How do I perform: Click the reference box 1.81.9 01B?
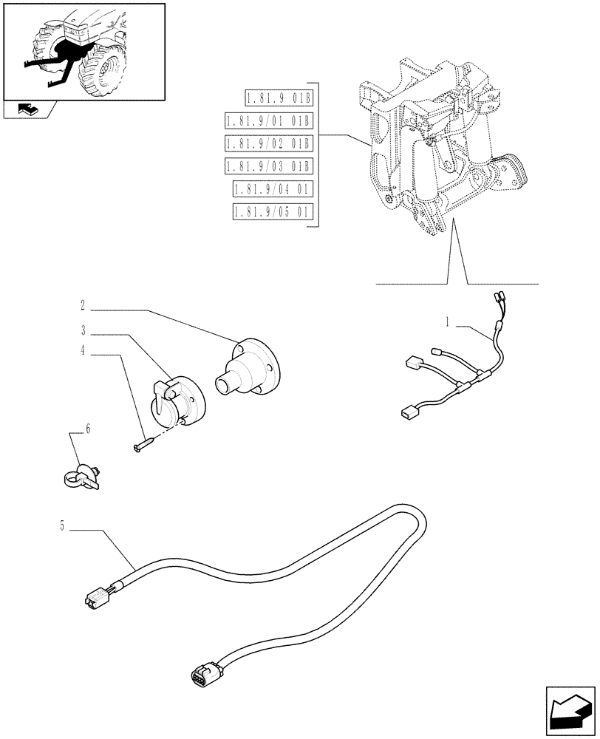click(x=278, y=98)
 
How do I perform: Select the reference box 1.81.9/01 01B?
click(x=269, y=121)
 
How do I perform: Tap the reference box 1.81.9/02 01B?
click(x=269, y=143)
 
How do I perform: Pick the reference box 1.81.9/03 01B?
click(x=269, y=166)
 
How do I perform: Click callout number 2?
click(x=83, y=304)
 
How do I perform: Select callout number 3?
click(x=83, y=330)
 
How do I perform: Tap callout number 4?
click(x=83, y=353)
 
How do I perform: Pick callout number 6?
click(x=89, y=428)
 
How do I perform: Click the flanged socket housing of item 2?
click(x=251, y=369)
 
